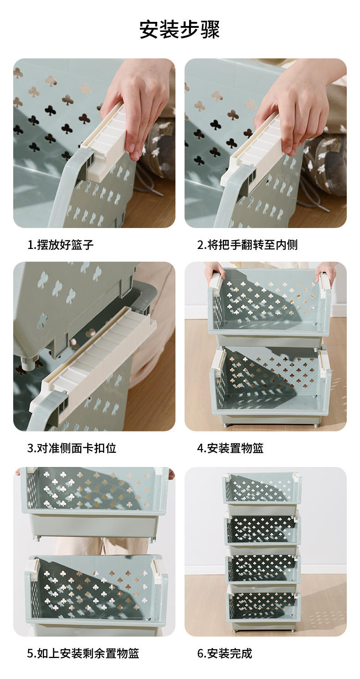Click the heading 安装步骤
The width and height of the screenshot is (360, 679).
tap(180, 30)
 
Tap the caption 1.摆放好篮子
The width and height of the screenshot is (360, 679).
tap(61, 244)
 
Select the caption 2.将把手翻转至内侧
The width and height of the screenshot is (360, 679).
tap(247, 244)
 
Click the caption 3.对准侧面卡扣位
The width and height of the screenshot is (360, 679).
tap(72, 448)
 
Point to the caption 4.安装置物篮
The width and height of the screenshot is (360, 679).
tap(230, 448)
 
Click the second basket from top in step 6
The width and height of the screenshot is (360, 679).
tap(262, 529)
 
